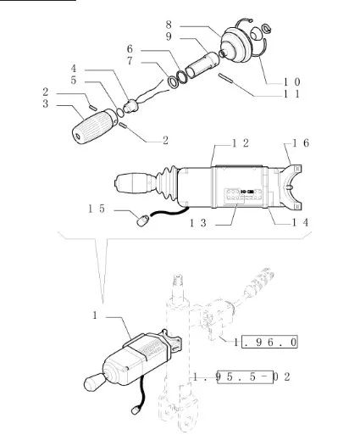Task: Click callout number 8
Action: [x=169, y=25]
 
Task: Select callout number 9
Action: [x=169, y=36]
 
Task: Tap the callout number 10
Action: [x=291, y=82]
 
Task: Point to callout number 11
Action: [x=291, y=94]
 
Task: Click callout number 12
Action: [x=241, y=143]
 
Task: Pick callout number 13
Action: [x=197, y=223]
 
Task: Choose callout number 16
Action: [x=301, y=143]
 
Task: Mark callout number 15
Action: [x=97, y=209]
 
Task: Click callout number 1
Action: [x=95, y=315]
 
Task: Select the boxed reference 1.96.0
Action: [x=265, y=342]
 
